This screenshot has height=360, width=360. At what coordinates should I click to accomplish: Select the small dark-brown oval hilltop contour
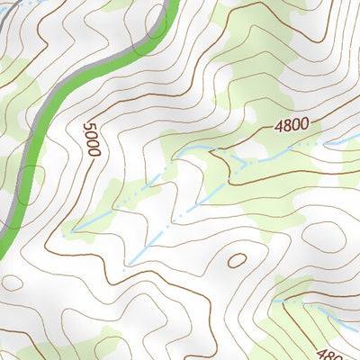point(238,260)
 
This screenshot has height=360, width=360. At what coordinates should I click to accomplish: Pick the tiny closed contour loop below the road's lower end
point(11,281)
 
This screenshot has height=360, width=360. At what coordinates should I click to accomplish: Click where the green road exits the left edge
point(3,243)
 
